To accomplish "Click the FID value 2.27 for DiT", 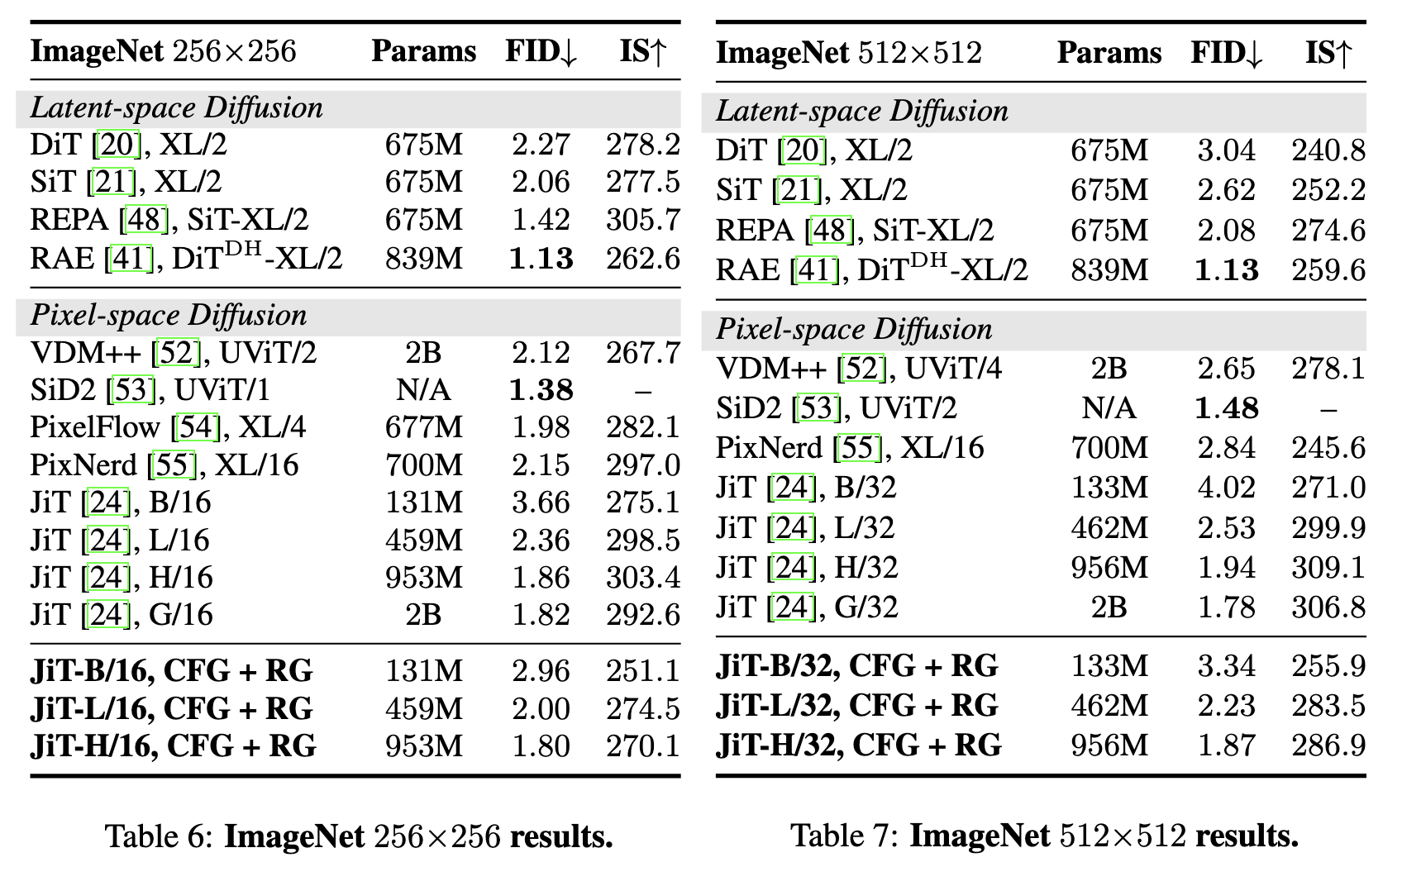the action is (x=541, y=145).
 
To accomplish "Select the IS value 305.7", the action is (x=643, y=220).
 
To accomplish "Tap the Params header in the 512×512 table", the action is (x=1109, y=53).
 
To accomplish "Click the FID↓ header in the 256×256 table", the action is (x=541, y=51).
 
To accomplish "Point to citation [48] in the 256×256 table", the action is (x=146, y=220).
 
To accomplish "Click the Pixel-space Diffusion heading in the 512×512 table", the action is (x=854, y=329).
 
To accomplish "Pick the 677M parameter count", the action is (x=424, y=428).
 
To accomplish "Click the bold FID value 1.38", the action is (x=541, y=390).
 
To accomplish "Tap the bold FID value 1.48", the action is (x=1226, y=408).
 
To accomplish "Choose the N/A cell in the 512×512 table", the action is (x=1109, y=408).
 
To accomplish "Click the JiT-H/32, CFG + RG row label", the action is (x=859, y=745).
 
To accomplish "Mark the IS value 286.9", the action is (x=1328, y=745).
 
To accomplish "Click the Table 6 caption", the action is (x=359, y=836).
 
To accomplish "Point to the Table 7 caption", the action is (x=1044, y=836).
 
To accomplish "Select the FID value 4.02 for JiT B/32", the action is (x=1226, y=488).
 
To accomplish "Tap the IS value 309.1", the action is (x=1328, y=568).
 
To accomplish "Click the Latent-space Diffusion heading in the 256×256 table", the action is (x=177, y=108).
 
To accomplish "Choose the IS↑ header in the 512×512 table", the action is (x=1328, y=53).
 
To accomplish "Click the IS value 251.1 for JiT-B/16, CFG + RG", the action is (x=643, y=671).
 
